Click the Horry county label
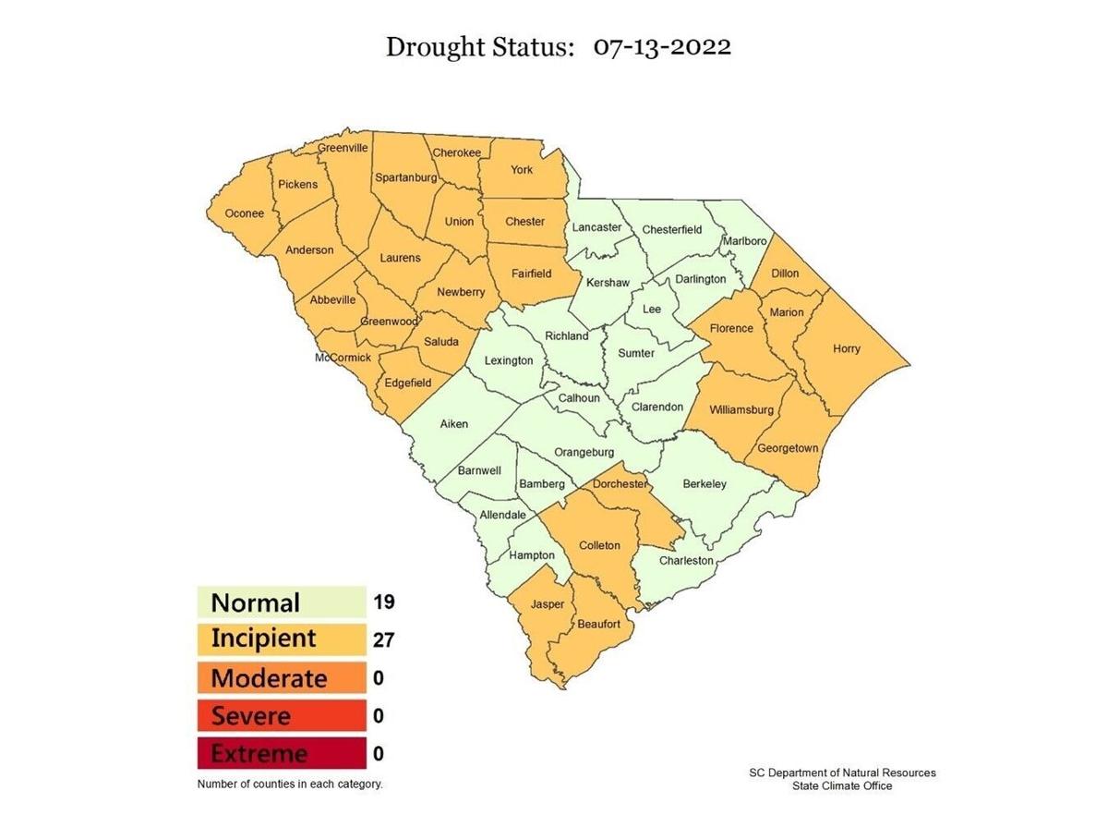846,348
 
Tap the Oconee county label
245,213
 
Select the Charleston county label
686,560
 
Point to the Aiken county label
453,424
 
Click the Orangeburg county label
584,452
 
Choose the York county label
522,169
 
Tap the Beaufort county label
599,625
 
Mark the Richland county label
566,336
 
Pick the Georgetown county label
788,448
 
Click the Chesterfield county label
671,229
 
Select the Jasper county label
547,604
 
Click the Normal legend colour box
281,602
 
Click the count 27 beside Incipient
384,639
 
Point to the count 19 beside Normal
384,602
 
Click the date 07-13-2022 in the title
662,47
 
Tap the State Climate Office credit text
842,785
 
